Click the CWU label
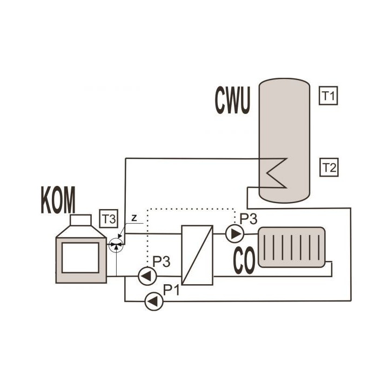click(x=232, y=100)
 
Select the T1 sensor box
click(x=328, y=96)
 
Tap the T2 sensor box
click(x=329, y=167)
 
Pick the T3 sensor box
click(x=109, y=219)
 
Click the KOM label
click(x=58, y=200)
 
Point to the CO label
click(x=244, y=260)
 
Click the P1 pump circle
click(x=154, y=301)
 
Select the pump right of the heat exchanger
click(x=234, y=233)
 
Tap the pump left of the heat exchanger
click(x=147, y=276)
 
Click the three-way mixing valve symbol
click(x=116, y=245)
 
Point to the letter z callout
click(x=134, y=218)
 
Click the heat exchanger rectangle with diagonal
click(x=197, y=255)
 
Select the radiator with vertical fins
click(x=292, y=247)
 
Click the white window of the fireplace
click(x=81, y=258)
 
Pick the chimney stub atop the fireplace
click(x=81, y=220)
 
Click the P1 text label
click(x=171, y=290)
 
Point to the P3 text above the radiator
click(x=249, y=219)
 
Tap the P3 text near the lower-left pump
click(x=161, y=261)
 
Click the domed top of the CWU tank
click(x=284, y=82)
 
